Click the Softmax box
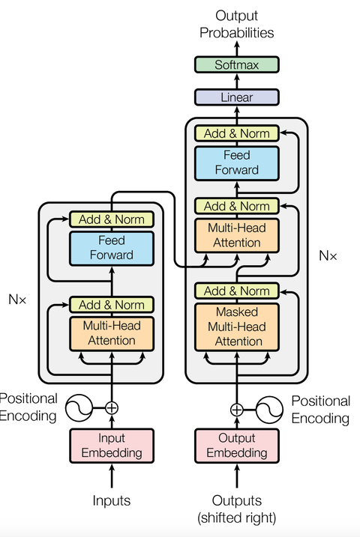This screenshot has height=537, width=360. coord(236,65)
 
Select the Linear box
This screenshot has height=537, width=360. coord(236,97)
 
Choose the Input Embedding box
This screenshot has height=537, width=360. coord(112,445)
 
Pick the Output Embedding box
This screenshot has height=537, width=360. coord(237,445)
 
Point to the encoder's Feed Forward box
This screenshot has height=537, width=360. coord(112,248)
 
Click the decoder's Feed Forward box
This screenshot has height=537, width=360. coord(237,163)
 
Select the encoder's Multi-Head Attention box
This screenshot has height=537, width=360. coord(112,333)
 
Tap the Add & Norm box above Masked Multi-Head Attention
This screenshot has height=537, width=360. coord(237,291)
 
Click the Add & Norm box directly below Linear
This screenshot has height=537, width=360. coord(237,134)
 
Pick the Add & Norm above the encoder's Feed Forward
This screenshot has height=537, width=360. coord(112,219)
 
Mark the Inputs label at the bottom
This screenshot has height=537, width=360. coord(112,500)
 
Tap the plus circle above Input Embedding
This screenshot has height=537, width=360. coord(112,408)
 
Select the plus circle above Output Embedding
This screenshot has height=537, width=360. coord(237,409)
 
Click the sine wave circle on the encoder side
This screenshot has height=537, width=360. coord(79,408)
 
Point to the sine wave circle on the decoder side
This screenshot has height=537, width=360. coord(269,409)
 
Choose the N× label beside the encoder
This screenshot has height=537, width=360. coord(17,299)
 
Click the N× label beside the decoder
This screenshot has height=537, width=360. coord(328,256)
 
